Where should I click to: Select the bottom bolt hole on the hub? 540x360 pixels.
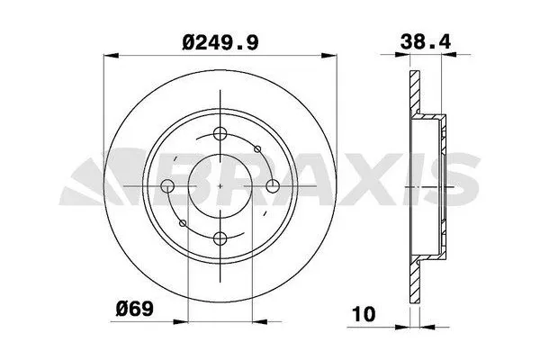pos(220,238)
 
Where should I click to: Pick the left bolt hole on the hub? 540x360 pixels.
pos(167,187)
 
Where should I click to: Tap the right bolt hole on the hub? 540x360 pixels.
pos(272,187)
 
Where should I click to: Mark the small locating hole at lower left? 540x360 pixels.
pos(183,223)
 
